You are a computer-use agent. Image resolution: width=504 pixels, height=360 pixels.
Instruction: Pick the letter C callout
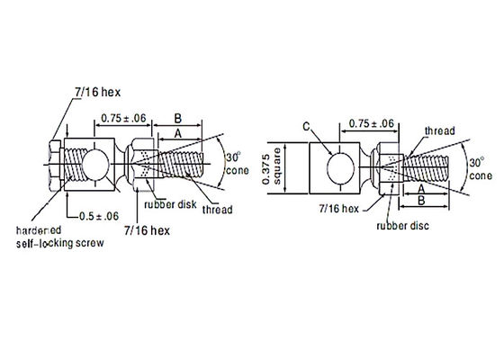click(307, 128)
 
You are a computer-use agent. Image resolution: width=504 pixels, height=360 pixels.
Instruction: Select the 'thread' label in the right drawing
click(438, 130)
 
